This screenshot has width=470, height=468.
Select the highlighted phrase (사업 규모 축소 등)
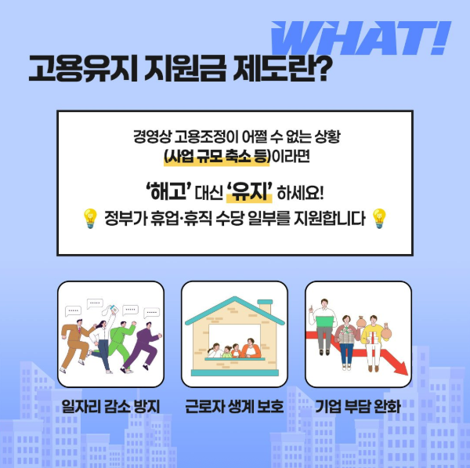(x=216, y=157)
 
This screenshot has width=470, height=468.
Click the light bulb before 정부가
(x=89, y=219)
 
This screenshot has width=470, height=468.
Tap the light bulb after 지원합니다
(x=379, y=219)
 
